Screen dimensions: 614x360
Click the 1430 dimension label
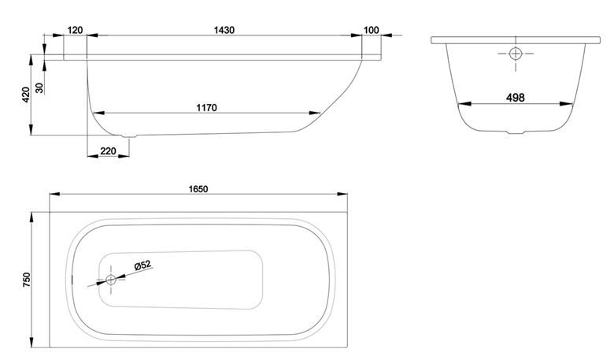[224, 30]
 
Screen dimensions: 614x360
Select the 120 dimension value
[76, 30]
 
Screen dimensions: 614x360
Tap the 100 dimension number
[372, 30]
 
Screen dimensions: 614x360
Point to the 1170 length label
[207, 108]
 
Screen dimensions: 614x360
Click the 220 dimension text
[109, 150]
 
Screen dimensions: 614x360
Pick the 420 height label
[26, 95]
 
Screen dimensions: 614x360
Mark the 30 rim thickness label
[39, 88]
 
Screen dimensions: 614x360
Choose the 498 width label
[516, 98]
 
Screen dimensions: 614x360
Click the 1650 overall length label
[198, 189]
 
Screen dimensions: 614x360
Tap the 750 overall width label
[26, 280]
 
